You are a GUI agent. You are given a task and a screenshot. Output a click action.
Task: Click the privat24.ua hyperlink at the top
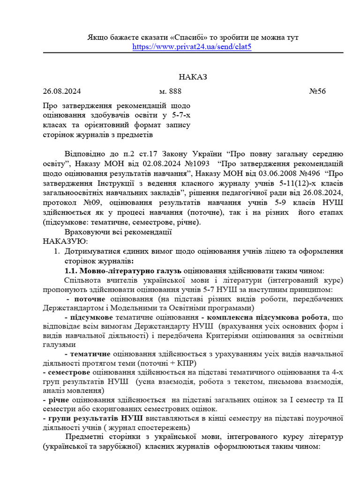click(x=192, y=47)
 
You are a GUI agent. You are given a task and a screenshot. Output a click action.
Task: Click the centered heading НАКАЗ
click(x=192, y=77)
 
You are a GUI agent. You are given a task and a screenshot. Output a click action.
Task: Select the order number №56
click(x=317, y=91)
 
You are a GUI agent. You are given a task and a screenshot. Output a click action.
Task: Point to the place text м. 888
click(x=170, y=91)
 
